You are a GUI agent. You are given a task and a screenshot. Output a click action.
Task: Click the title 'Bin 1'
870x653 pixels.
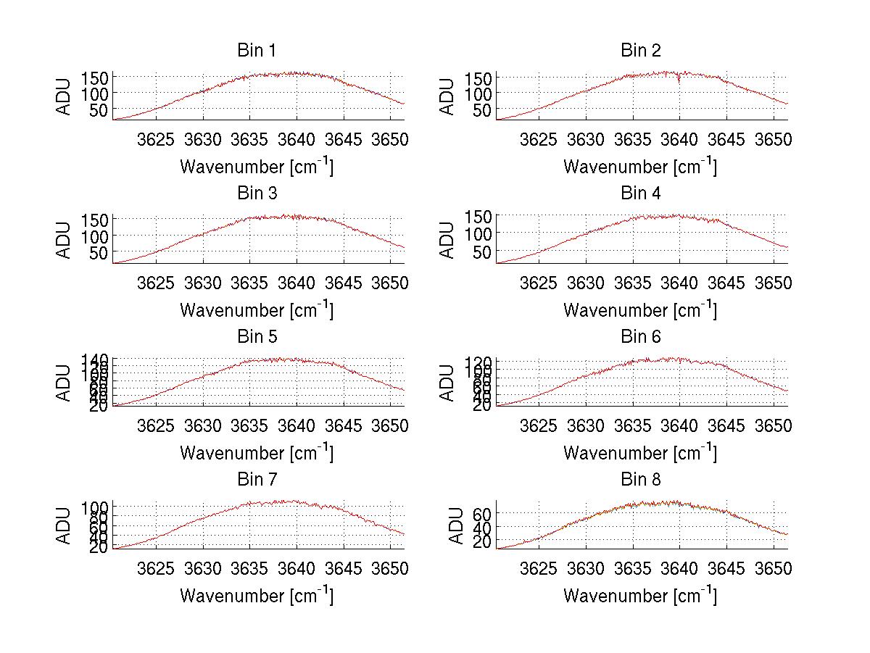coord(256,51)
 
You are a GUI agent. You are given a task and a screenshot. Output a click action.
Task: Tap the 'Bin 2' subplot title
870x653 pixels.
coord(640,51)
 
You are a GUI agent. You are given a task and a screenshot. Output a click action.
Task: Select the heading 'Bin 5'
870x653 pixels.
coord(256,337)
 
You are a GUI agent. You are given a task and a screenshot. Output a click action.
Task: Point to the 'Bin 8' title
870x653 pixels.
coord(640,480)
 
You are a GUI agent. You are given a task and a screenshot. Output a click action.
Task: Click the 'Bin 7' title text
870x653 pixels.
coord(256,480)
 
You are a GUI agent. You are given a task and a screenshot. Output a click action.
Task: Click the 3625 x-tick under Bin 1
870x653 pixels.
coord(156,140)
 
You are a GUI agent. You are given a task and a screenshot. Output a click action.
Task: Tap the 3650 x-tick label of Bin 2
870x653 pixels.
coord(773,140)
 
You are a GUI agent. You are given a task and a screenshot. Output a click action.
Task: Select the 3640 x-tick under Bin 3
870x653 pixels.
coord(296,283)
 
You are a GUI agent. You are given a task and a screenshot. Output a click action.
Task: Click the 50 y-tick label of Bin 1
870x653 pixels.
coord(100,109)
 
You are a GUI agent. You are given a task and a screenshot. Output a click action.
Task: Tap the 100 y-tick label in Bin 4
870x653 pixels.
coord(478,233)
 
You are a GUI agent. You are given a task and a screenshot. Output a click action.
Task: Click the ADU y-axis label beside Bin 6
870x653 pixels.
coord(449,383)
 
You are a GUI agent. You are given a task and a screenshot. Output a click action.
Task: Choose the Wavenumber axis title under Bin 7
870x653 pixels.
coord(256,595)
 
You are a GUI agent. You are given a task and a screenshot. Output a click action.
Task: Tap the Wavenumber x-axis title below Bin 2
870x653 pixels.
coord(640,166)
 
